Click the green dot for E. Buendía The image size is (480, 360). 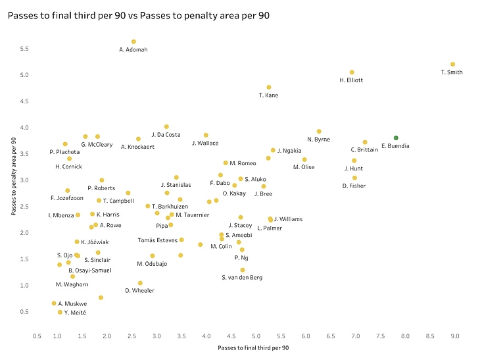[x=396, y=138]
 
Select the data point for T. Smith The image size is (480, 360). [x=453, y=64]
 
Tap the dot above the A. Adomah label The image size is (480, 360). [x=133, y=41]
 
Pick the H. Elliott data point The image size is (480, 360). [x=352, y=72]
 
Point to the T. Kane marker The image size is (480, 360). [x=269, y=87]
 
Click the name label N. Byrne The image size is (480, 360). [x=318, y=140]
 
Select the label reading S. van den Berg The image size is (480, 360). [x=242, y=278]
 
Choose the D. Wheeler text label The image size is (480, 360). [x=139, y=291]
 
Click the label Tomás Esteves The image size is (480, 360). [x=157, y=240]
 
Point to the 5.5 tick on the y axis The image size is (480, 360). [x=24, y=49]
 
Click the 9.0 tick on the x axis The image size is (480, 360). [x=455, y=336]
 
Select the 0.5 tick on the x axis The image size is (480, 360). [x=37, y=336]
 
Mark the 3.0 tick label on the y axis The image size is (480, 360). [x=24, y=180]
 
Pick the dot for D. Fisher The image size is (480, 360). [x=354, y=178]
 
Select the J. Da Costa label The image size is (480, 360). [x=166, y=135]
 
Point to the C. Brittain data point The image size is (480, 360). [x=365, y=142]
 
